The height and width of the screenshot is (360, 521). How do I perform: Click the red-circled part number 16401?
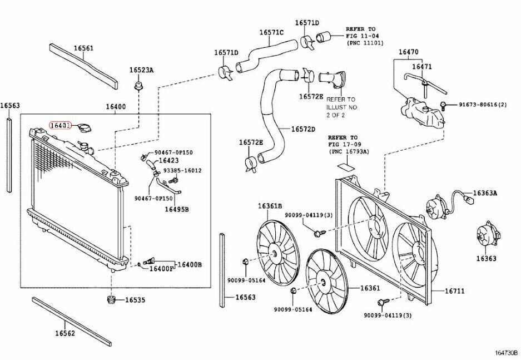(x=59, y=126)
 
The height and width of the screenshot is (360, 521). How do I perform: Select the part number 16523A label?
(x=141, y=70)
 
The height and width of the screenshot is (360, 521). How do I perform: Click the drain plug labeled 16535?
(x=112, y=301)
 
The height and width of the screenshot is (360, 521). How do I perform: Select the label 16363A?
(x=485, y=193)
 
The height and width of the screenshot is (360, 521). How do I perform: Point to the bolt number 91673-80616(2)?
(x=483, y=104)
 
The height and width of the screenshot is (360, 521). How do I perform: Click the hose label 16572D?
(x=303, y=129)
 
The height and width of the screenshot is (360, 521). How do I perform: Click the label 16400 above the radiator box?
(x=115, y=107)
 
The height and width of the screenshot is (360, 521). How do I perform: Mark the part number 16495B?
(x=176, y=209)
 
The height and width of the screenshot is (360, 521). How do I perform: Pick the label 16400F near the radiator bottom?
(x=161, y=269)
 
